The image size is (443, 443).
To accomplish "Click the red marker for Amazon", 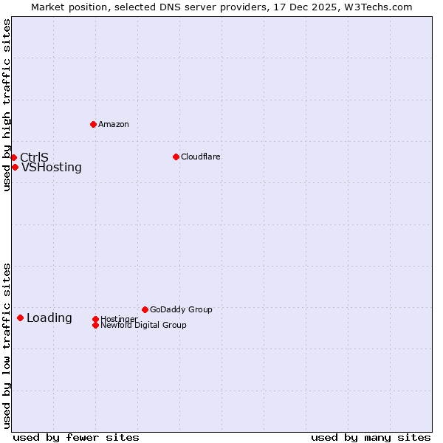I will (93, 124).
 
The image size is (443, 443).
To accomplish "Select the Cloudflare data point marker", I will (176, 157).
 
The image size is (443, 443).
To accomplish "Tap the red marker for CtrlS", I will (13, 157).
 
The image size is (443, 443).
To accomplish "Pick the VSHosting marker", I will (15, 167).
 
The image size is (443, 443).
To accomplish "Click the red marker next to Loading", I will (20, 317).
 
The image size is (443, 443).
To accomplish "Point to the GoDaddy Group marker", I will (145, 309).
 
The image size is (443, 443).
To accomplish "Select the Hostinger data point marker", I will (95, 319).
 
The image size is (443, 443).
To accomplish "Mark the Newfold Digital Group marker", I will (95, 325).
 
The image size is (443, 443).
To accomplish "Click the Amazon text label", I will (114, 124).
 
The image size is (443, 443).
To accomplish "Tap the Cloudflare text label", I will (201, 157).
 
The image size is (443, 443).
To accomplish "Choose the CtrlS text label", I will (34, 157).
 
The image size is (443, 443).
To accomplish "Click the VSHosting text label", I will (52, 168).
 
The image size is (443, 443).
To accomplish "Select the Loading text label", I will (49, 318).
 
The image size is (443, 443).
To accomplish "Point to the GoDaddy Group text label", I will (181, 309).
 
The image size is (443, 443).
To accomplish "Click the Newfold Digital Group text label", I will (144, 325).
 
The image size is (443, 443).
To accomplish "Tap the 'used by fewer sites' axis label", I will (76, 437).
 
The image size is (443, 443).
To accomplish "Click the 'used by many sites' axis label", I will (371, 437).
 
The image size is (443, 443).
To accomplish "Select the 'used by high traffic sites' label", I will (7, 106).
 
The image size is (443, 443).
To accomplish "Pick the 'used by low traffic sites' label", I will (7, 346).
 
